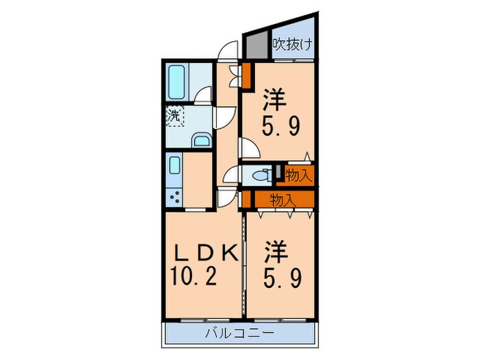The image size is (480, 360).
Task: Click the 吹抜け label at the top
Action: point(293,47)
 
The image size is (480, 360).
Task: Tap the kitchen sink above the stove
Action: point(174,167)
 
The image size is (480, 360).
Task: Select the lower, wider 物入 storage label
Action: point(282,200)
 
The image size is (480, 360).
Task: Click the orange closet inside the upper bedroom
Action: point(246,75)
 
